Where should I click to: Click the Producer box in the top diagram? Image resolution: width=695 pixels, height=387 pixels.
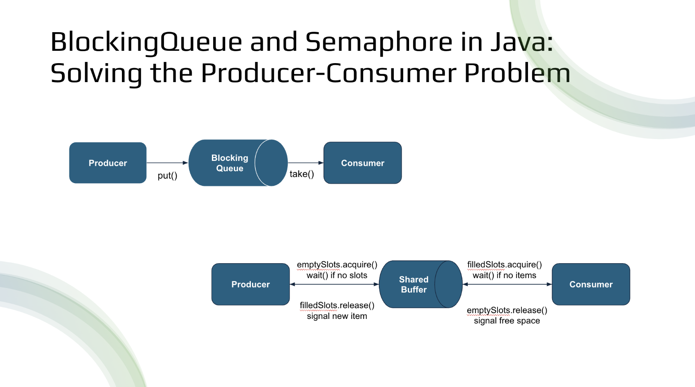pos(107,163)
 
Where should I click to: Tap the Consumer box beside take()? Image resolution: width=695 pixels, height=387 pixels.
pos(362,163)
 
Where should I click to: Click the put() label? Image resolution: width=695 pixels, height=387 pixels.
pos(167,176)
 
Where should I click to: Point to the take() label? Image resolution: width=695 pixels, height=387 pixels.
pos(302,174)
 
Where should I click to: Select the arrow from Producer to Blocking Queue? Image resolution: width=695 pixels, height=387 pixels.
pos(167,163)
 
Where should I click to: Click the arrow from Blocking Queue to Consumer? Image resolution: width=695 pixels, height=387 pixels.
pos(305,163)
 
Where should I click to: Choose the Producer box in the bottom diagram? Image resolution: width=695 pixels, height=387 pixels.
pos(250,284)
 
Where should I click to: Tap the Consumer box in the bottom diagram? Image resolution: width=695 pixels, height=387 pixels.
pos(591,284)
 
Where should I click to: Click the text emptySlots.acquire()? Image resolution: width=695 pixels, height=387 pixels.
pos(337,264)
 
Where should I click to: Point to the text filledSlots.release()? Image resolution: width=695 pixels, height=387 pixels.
pos(337,305)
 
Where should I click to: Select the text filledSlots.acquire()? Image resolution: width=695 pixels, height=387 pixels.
pos(504,264)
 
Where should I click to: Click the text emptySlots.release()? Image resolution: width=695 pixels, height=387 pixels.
pos(507,310)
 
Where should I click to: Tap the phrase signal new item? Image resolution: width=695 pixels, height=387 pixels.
pos(337,316)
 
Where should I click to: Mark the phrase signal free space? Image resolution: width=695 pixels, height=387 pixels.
pos(507,321)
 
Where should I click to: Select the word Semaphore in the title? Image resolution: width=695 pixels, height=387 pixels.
pos(378,42)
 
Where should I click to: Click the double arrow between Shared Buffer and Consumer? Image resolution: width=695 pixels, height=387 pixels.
pos(507,284)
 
